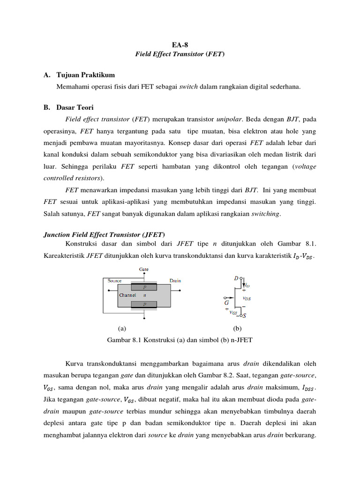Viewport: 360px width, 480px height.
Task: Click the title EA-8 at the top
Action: pyautogui.click(x=180, y=45)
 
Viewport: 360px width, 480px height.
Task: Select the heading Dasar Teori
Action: pyautogui.click(x=75, y=107)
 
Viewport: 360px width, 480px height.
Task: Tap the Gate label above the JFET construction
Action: pyautogui.click(x=144, y=269)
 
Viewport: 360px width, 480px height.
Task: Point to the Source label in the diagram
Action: pyautogui.click(x=115, y=281)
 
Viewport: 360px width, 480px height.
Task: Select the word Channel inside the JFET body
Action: pyautogui.click(x=127, y=295)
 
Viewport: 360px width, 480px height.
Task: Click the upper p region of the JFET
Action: pyautogui.click(x=144, y=287)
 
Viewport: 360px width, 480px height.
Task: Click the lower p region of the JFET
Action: pyautogui.click(x=144, y=304)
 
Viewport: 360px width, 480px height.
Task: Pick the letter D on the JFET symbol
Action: pyautogui.click(x=236, y=278)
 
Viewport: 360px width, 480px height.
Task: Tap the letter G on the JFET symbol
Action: pyautogui.click(x=226, y=303)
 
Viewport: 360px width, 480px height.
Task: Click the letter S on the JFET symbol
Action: pyautogui.click(x=244, y=316)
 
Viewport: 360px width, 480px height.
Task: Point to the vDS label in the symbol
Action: pyautogui.click(x=247, y=298)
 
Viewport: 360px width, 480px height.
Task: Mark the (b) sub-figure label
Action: pyautogui.click(x=237, y=329)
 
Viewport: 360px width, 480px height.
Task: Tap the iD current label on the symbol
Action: pyautogui.click(x=247, y=285)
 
